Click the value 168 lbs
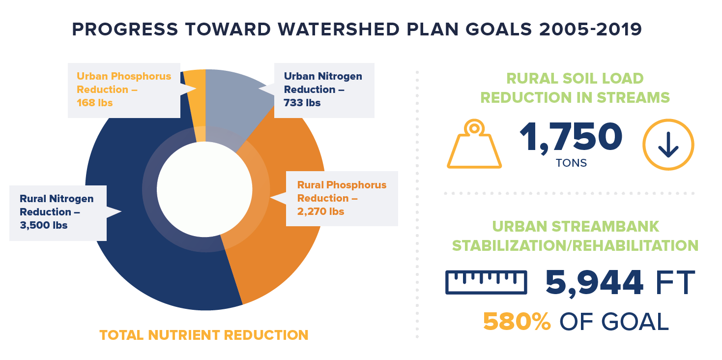tap(94, 103)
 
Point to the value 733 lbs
tap(302, 103)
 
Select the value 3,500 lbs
tap(44, 225)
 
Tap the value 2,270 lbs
tap(320, 211)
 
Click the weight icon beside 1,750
tap(474, 145)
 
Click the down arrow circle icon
tap(668, 145)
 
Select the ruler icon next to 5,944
tap(486, 282)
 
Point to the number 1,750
tap(571, 137)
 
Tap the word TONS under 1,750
tap(571, 163)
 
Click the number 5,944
tap(594, 282)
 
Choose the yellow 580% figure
tap(517, 322)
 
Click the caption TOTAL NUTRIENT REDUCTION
tap(203, 335)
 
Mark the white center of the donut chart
tap(204, 189)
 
